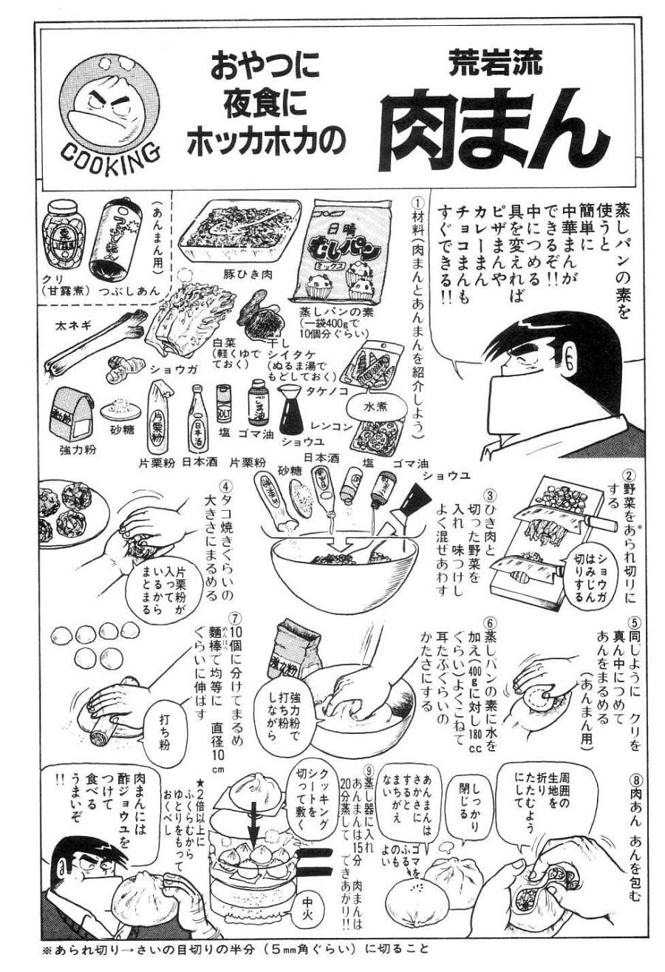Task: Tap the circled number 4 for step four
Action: (226, 487)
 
